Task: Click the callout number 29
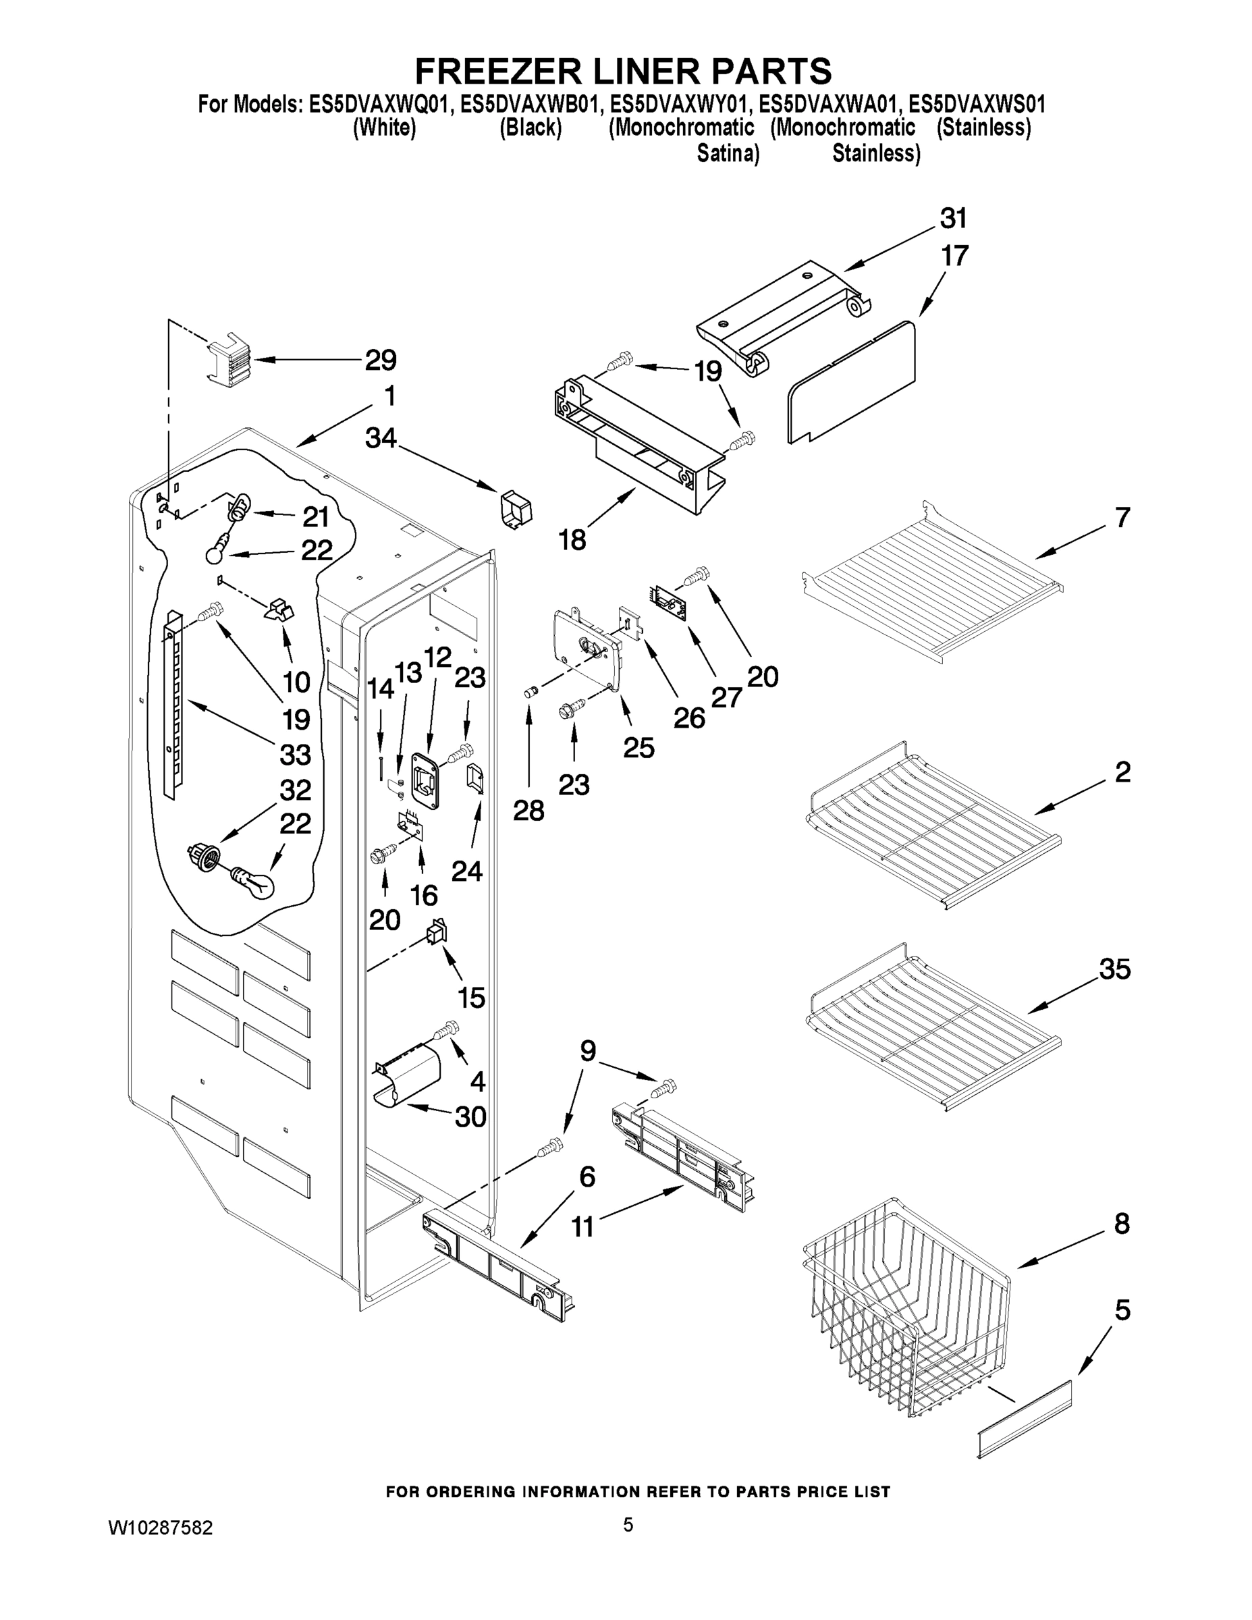tap(381, 360)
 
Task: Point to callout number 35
tap(1115, 969)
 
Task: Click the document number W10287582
tap(160, 1528)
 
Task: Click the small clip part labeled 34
tap(517, 510)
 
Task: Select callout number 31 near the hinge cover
tap(954, 219)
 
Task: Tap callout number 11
tap(583, 1228)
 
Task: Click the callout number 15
tap(472, 998)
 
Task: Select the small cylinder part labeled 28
tap(530, 692)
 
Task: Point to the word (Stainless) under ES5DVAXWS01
tap(983, 128)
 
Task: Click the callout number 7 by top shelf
tap(1122, 517)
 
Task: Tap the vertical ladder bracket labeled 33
tap(173, 705)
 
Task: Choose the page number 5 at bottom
tap(628, 1525)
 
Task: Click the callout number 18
tap(572, 539)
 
